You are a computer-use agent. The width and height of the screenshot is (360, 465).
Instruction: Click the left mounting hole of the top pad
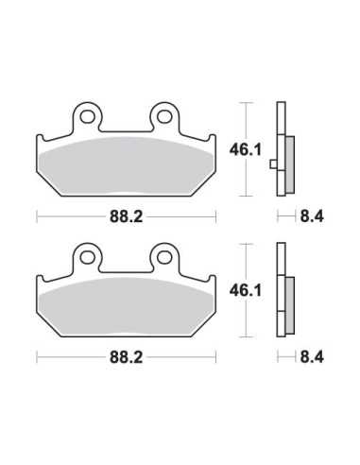click(x=87, y=117)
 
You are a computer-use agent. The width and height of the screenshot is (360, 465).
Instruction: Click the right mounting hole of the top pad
click(x=164, y=117)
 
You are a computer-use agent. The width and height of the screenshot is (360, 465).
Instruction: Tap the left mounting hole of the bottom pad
click(x=87, y=258)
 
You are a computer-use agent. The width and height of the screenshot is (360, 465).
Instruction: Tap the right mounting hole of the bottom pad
click(x=164, y=258)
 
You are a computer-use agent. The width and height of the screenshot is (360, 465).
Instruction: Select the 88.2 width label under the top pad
click(x=127, y=216)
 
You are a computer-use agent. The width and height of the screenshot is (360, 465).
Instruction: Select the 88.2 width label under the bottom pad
click(x=127, y=357)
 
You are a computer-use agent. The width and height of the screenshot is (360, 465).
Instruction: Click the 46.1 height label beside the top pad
click(x=246, y=150)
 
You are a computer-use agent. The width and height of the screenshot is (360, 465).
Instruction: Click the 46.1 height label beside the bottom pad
click(x=246, y=291)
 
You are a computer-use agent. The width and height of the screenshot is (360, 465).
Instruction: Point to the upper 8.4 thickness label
click(x=312, y=216)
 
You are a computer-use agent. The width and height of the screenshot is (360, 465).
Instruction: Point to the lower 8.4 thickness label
click(x=312, y=357)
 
